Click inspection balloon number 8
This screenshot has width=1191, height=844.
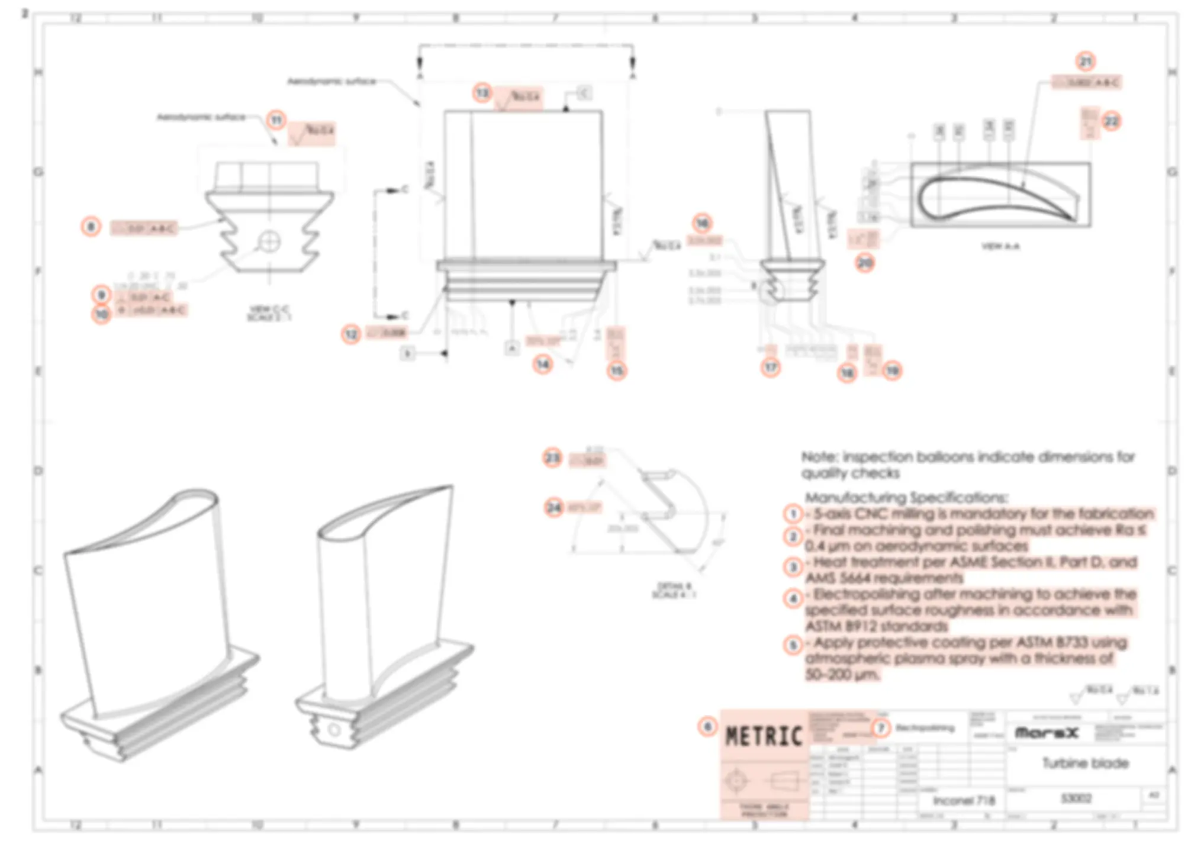91,226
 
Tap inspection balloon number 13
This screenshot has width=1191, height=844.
482,93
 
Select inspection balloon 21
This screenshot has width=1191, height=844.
1085,62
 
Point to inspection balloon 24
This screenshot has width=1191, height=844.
553,507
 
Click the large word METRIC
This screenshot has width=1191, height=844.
764,736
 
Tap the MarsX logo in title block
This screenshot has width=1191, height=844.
1047,733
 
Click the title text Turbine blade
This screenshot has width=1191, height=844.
1085,763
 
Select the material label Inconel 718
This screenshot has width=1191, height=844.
964,800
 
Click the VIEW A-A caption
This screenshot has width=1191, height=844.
1000,246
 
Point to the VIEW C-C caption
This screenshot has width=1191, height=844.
269,309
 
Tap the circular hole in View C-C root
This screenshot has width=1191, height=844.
270,241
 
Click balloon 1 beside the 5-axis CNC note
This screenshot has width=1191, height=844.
793,513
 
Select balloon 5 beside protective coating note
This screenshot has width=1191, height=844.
793,644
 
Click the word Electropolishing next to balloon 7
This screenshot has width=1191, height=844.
925,728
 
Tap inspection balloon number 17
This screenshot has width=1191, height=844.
770,368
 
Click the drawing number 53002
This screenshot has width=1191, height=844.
1076,798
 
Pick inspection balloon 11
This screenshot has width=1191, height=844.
276,120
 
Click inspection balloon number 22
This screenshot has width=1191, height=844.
1111,121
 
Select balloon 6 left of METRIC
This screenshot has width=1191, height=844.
707,726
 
